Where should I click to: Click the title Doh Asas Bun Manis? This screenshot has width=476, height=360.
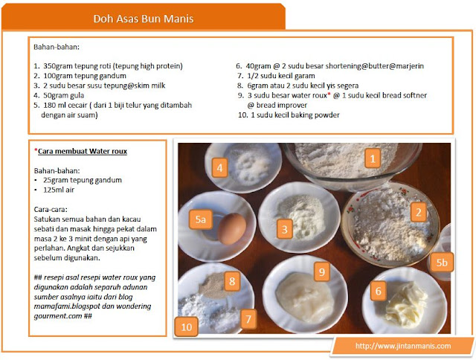click(144, 19)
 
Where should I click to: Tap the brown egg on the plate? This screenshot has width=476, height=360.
click(231, 228)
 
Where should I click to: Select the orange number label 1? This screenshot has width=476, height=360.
click(373, 158)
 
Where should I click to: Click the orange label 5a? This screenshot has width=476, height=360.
click(200, 219)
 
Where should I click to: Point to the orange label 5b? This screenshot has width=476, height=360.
click(442, 262)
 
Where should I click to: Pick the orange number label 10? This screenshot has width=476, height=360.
click(187, 327)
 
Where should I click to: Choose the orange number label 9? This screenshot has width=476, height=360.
click(322, 271)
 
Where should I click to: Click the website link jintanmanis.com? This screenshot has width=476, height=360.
click(403, 346)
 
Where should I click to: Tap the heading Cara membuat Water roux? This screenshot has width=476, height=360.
click(83, 151)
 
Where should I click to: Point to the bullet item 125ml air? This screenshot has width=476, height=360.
click(59, 190)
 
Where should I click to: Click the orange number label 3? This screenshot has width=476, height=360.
click(284, 229)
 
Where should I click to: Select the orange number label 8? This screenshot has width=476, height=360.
click(232, 281)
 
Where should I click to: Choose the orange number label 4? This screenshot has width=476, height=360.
click(220, 167)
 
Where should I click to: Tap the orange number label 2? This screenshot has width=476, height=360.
click(418, 212)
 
